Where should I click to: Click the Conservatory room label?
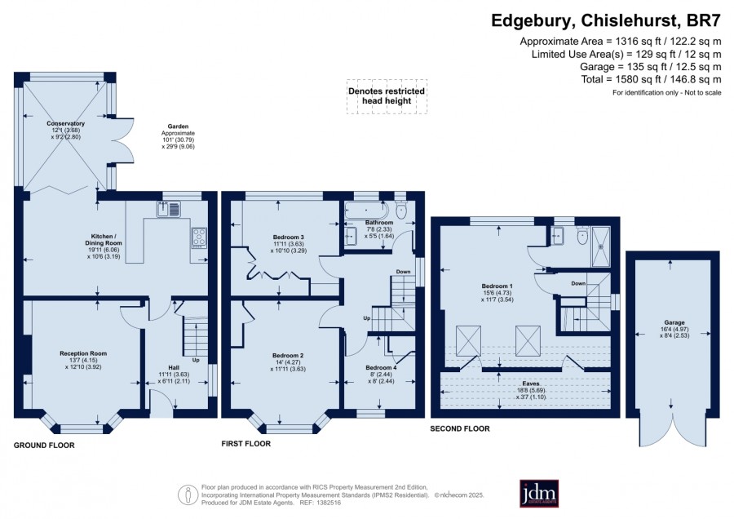point(66,124)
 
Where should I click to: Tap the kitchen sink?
point(169,209)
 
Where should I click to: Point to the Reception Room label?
point(83,353)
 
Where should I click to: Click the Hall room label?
point(174,368)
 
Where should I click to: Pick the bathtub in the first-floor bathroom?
point(366,210)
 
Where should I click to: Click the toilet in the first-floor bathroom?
point(401,210)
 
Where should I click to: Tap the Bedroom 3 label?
point(289,237)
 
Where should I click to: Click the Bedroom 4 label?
point(381,368)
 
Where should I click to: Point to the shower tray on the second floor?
point(601,246)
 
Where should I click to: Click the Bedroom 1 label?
point(497,286)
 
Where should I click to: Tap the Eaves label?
point(531,384)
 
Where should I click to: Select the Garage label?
point(674,322)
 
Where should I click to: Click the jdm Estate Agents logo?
point(539,493)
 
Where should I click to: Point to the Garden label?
point(178,126)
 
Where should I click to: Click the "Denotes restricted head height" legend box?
point(387,96)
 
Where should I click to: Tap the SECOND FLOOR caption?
point(460,428)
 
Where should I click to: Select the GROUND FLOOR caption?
point(44,446)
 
